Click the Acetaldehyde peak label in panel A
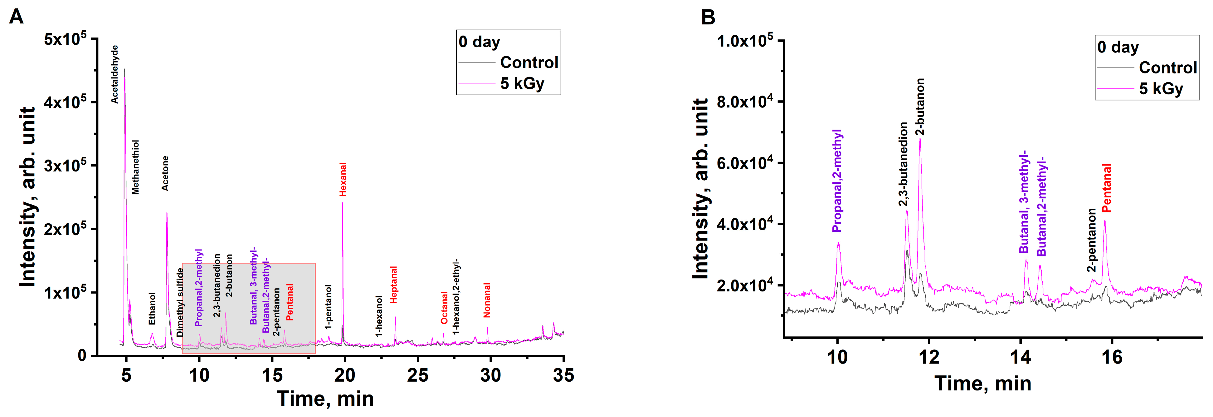click(x=115, y=74)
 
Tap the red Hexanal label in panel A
click(x=343, y=180)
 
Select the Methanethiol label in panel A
click(x=136, y=167)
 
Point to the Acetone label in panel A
click(x=165, y=173)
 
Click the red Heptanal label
click(x=394, y=285)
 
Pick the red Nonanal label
click(x=487, y=300)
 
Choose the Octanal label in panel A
click(x=444, y=308)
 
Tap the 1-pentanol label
click(x=328, y=307)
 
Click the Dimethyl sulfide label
click(x=180, y=302)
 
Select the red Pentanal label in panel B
click(x=1107, y=188)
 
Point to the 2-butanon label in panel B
click(x=920, y=107)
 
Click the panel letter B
click(x=708, y=17)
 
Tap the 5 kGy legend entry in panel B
click(x=1161, y=89)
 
